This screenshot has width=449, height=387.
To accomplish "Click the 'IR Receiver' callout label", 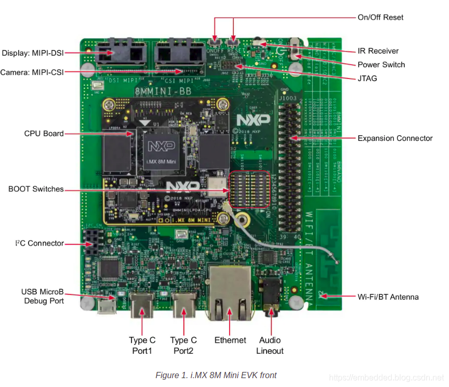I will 378,51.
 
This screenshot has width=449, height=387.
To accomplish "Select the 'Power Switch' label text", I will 381,64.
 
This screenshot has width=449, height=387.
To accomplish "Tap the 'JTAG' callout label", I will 367,79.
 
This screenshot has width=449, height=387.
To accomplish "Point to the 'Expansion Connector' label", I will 395,138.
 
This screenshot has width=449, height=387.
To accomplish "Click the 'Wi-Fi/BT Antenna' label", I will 388,297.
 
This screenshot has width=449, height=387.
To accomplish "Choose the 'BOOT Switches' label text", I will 36,189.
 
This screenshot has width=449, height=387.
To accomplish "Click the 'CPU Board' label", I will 44,134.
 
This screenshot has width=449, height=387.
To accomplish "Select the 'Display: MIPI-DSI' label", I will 33,53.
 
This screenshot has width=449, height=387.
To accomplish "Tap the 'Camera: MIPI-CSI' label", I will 32,72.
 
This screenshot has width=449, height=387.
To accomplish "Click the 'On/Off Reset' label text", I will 380,17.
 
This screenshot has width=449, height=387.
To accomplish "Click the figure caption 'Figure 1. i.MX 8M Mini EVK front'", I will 216,375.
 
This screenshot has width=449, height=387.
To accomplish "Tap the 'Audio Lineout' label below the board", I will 270,345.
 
